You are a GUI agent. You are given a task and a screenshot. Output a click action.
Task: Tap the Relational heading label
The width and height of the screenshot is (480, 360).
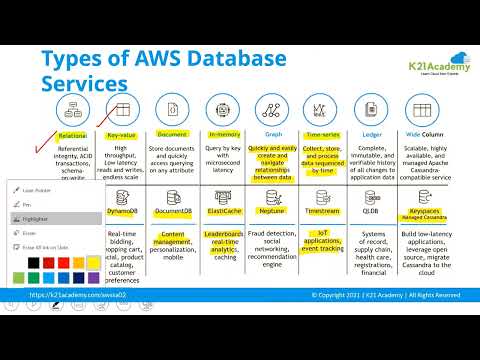tap(72, 134)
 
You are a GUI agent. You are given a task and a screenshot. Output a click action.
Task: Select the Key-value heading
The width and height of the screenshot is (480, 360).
tap(121, 134)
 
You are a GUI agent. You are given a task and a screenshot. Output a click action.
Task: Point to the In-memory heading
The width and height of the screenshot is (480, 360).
tap(223, 134)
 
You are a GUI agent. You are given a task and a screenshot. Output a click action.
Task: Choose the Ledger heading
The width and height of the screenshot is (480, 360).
tap(370, 134)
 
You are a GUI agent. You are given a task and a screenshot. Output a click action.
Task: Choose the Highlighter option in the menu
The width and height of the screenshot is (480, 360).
tap(36, 217)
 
